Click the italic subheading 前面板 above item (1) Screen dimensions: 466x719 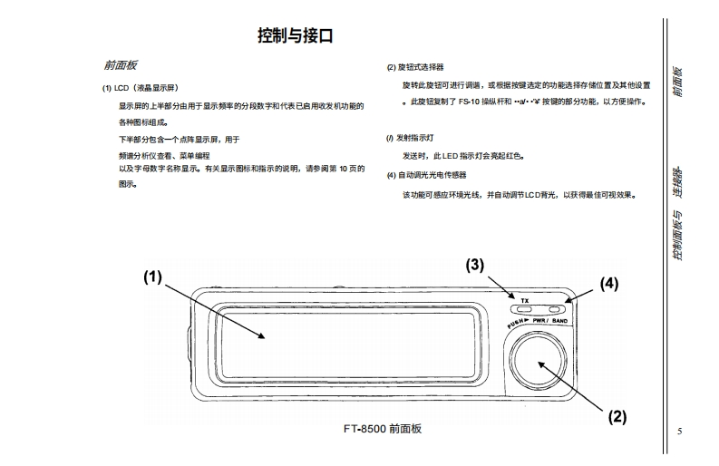pos(120,66)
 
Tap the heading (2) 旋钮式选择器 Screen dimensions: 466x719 pos(415,67)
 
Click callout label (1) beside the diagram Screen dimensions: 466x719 pos(152,278)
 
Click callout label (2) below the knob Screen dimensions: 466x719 pos(617,417)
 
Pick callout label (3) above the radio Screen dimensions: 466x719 pos(475,266)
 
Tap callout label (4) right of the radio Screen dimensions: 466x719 pos(608,283)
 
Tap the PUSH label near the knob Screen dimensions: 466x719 pos(518,322)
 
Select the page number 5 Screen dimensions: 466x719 pos(680,431)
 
